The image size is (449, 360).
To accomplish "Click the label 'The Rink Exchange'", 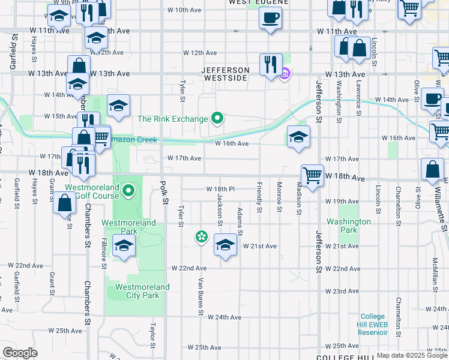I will (x=172, y=119).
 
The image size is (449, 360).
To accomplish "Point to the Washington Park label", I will (x=348, y=225).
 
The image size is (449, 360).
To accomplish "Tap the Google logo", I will (x=20, y=353).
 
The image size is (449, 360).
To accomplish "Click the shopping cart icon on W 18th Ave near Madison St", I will (x=312, y=176).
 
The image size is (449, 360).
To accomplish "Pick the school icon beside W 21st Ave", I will (x=225, y=245).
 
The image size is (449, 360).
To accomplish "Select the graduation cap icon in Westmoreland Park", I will (x=124, y=246).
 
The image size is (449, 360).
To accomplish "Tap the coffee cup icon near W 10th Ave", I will (x=270, y=17).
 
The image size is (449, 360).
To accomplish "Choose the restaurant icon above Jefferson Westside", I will (x=271, y=63).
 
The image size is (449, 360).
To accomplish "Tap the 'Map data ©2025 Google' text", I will (x=411, y=355).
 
